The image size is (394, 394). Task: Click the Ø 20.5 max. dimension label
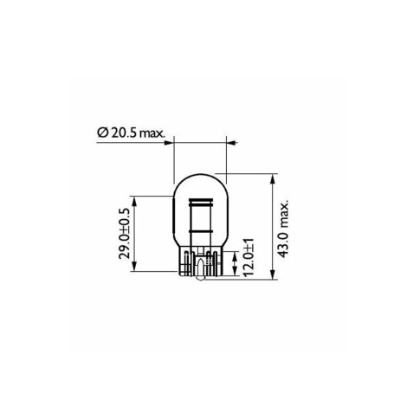(131, 132)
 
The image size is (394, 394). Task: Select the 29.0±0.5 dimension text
(126, 234)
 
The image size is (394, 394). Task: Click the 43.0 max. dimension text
(284, 227)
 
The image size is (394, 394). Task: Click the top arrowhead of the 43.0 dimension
(273, 178)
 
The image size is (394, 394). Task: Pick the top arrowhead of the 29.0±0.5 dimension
(135, 198)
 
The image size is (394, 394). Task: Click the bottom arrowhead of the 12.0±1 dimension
(236, 276)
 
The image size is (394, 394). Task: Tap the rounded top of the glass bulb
(200, 177)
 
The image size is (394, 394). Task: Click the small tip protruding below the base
(200, 279)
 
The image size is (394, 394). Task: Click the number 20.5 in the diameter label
(126, 132)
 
